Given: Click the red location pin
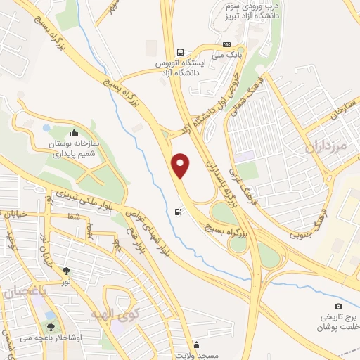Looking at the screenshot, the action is click(x=181, y=165).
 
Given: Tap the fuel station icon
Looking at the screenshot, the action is click(x=177, y=212).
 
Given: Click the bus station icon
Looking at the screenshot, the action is click(x=181, y=52).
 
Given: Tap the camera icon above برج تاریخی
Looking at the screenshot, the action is click(x=338, y=306).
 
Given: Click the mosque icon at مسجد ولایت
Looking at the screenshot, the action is click(x=196, y=345).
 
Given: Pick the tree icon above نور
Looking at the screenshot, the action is click(x=66, y=270).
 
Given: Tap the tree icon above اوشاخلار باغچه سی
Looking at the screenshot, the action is click(x=51, y=326).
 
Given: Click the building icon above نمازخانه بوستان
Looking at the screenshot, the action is click(x=73, y=131).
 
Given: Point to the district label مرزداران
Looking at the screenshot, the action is click(x=328, y=148).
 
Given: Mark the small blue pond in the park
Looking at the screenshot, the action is click(x=46, y=127).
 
